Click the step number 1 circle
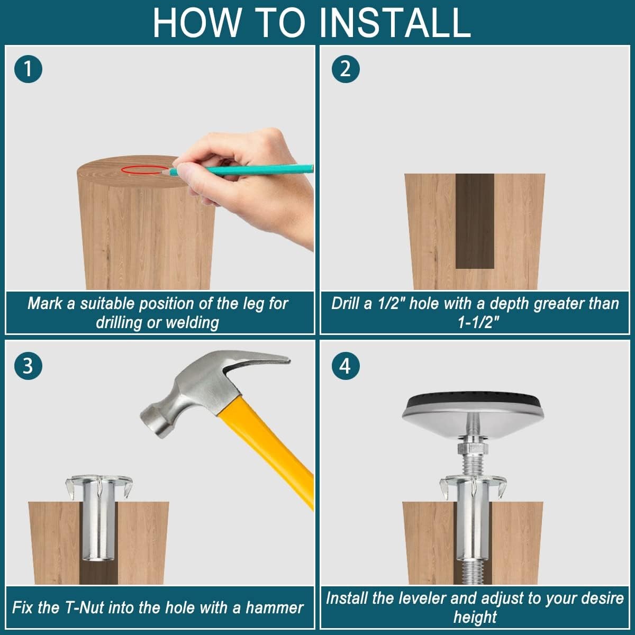point(28,69)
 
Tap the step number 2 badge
point(346,69)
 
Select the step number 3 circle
point(28,366)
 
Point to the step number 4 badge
point(346,366)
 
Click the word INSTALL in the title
point(395,23)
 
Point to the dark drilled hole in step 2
point(475,221)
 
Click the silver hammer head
point(211,389)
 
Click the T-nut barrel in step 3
point(98,521)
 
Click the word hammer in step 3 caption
point(274,608)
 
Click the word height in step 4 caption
point(475,617)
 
